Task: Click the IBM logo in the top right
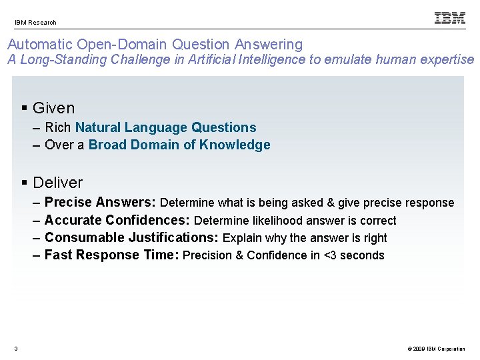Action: (x=450, y=18)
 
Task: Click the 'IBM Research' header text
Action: (x=36, y=22)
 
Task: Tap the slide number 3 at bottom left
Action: (x=16, y=349)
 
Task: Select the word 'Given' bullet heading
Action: (x=53, y=108)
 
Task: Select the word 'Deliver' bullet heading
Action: (x=57, y=183)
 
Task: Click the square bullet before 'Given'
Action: (x=25, y=108)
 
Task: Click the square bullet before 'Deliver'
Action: (x=25, y=183)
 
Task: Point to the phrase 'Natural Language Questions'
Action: (x=165, y=127)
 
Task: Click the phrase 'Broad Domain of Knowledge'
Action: (x=179, y=145)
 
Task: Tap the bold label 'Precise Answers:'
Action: (x=100, y=203)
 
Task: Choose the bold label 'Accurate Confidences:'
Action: (x=117, y=220)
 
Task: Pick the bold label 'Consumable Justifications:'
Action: (x=131, y=237)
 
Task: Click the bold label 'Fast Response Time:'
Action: (x=111, y=255)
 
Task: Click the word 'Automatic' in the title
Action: (x=40, y=45)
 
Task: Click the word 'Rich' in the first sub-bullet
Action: (x=58, y=127)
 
